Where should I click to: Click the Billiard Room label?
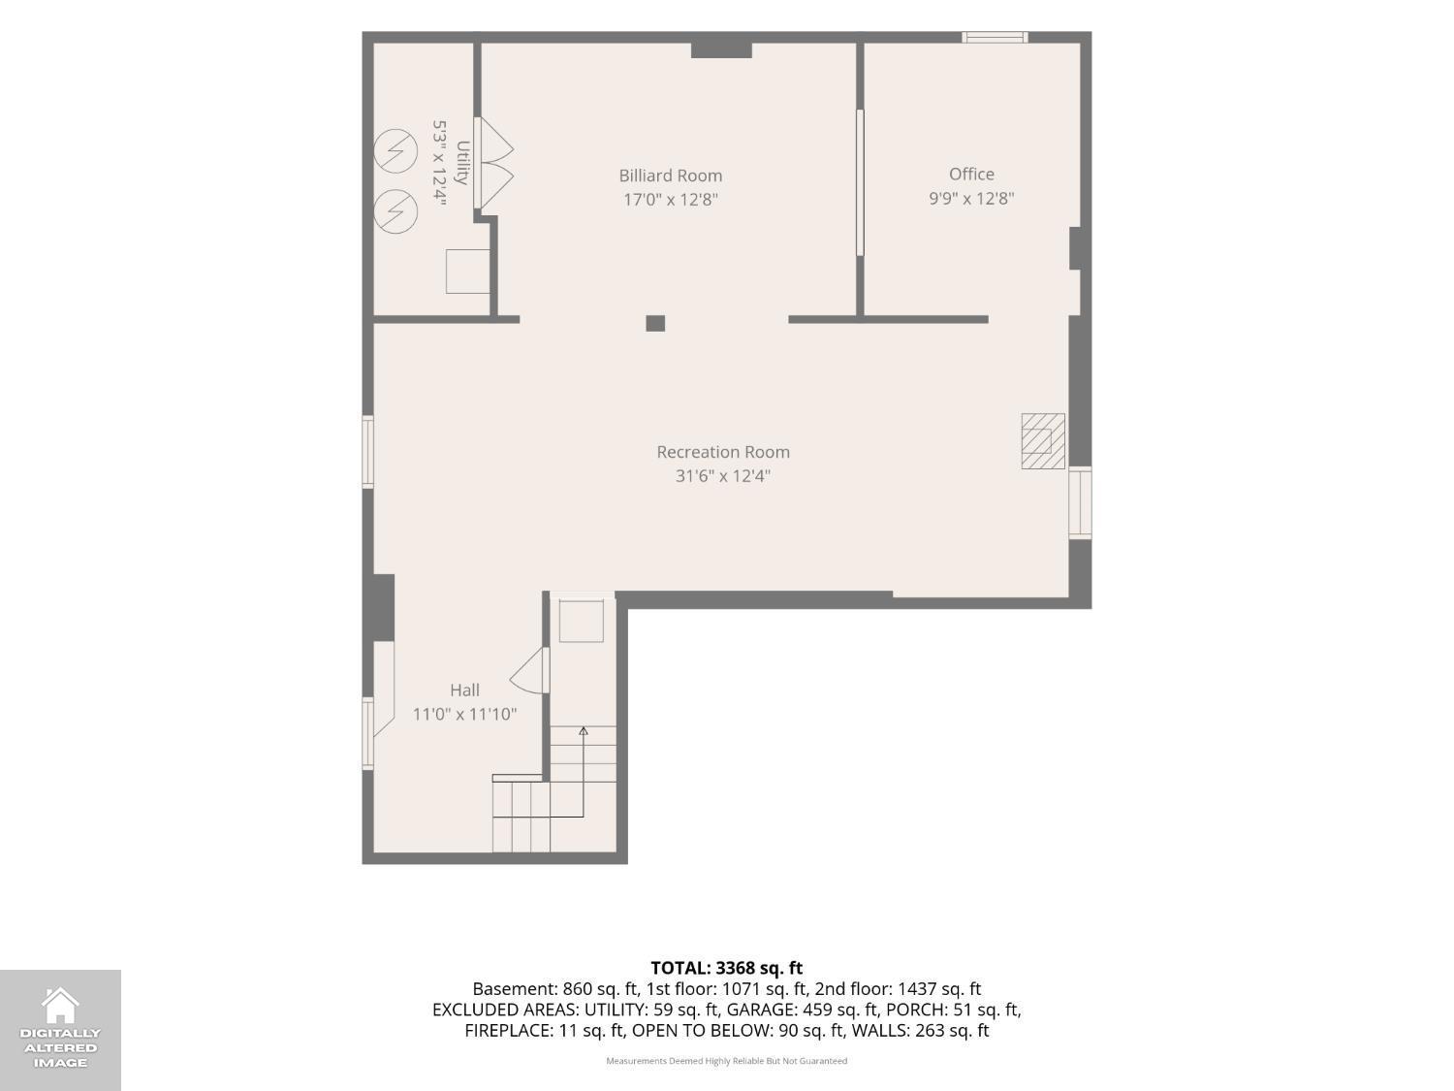(671, 176)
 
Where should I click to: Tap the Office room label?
(971, 175)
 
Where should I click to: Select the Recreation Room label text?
(723, 452)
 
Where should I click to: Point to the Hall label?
(464, 690)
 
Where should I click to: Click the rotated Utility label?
(462, 163)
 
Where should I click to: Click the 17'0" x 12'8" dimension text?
(671, 200)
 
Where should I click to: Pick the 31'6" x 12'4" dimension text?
(723, 475)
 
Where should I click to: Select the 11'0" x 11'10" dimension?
(464, 714)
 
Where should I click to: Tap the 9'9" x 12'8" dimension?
(971, 198)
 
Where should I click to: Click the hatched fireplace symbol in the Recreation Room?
(1043, 441)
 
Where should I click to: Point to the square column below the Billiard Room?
(655, 323)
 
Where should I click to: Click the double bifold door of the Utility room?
(494, 163)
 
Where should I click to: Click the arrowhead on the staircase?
(584, 731)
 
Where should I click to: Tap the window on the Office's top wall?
(995, 37)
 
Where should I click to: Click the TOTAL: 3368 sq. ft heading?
(727, 968)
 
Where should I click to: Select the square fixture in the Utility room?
(467, 271)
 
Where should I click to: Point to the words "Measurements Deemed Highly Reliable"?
(685, 1061)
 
